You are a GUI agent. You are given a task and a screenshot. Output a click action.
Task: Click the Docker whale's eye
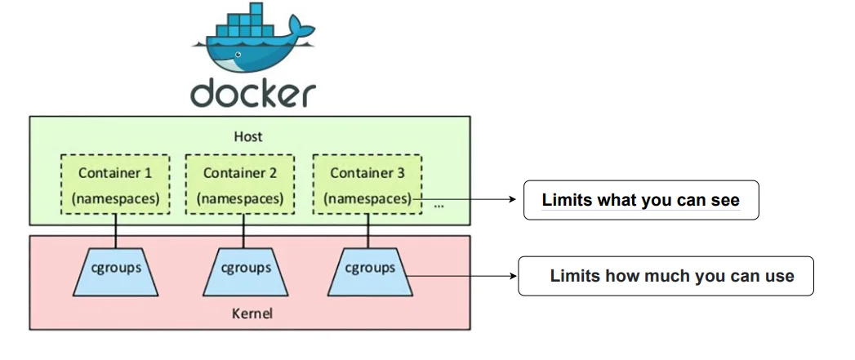[x=238, y=55]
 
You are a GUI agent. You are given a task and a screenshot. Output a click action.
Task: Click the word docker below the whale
[x=252, y=93]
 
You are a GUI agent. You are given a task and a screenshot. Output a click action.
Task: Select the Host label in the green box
[x=249, y=137]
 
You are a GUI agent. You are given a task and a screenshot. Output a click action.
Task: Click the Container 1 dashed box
[x=114, y=184]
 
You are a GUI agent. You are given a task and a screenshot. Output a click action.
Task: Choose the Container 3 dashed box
[x=367, y=184]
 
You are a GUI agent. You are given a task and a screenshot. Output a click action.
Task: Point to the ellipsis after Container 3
[x=439, y=205]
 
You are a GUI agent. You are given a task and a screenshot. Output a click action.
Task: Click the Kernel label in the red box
[x=247, y=313]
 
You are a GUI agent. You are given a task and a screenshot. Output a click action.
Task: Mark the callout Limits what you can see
[x=641, y=200]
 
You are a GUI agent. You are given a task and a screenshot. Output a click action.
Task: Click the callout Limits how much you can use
[x=666, y=276]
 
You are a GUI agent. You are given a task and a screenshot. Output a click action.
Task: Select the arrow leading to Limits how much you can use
[x=461, y=276]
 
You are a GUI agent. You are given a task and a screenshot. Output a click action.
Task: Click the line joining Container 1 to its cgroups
[x=115, y=231]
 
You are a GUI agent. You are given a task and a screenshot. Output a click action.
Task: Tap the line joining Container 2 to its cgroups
[x=241, y=231]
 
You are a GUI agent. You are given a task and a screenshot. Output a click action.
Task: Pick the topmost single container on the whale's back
[x=256, y=9]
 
